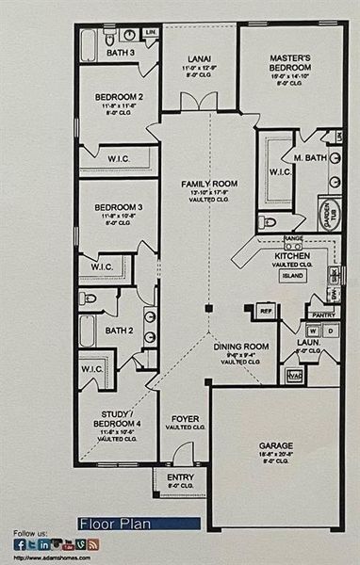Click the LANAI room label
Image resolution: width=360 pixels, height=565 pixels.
[198, 59]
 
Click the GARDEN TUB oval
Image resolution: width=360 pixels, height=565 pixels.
[330, 213]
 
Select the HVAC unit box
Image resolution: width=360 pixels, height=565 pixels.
[292, 376]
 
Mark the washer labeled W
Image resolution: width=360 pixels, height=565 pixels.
[310, 331]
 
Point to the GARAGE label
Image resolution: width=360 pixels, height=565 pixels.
[276, 444]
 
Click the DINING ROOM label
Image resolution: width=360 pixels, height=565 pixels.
[241, 347]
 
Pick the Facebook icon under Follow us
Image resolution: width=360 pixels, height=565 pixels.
[20, 544]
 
